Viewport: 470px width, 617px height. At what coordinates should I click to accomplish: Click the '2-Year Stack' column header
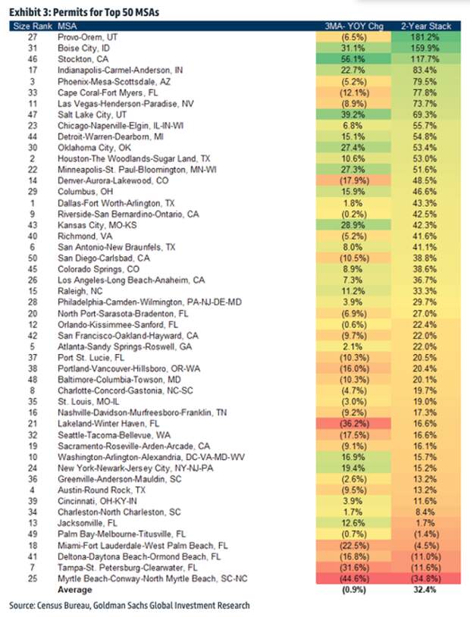(x=426, y=27)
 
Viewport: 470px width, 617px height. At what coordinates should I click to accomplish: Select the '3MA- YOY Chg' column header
(x=353, y=27)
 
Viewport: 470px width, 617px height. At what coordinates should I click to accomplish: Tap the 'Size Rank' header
(x=33, y=27)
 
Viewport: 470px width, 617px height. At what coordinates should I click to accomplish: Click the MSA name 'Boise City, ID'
(x=84, y=48)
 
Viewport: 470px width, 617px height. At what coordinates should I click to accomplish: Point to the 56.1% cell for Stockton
(x=353, y=59)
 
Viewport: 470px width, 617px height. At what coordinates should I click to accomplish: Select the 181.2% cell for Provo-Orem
(x=426, y=37)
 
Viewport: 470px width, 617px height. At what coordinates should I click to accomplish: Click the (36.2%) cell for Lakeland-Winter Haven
(x=353, y=424)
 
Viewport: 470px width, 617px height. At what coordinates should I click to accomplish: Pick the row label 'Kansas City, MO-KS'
(x=97, y=225)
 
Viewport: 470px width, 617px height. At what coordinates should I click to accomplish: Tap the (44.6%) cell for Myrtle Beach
(x=353, y=578)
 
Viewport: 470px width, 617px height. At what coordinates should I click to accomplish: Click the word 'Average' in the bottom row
(x=75, y=590)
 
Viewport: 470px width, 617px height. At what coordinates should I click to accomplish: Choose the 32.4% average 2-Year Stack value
(x=425, y=590)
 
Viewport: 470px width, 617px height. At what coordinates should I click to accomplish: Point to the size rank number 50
(x=33, y=258)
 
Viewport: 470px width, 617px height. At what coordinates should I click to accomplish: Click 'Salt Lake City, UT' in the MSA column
(x=92, y=114)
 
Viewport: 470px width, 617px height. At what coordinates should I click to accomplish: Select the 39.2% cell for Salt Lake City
(x=353, y=114)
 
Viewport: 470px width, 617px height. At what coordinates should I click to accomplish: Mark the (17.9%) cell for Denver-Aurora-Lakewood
(x=353, y=180)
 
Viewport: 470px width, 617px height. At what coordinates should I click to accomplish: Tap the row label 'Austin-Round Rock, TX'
(x=102, y=490)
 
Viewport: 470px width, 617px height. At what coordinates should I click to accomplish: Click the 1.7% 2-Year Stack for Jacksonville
(x=426, y=523)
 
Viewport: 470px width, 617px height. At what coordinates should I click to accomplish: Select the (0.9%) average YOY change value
(x=353, y=590)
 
